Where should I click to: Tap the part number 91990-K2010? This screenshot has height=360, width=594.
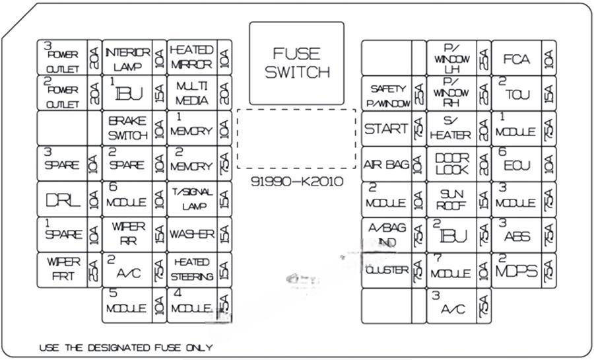296,182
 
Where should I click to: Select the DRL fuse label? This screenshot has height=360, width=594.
63,199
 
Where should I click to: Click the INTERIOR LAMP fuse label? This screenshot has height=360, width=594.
127,59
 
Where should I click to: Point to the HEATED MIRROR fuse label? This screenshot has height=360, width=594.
191,57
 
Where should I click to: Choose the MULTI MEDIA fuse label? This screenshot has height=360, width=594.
191,94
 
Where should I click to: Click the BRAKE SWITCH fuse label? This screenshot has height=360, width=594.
127,129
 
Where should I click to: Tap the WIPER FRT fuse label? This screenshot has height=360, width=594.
63,270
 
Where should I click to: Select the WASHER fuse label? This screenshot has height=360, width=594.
191,234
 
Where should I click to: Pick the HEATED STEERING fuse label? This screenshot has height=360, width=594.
191,270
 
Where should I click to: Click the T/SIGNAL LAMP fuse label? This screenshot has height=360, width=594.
191,199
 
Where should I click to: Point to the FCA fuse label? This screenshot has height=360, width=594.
516,59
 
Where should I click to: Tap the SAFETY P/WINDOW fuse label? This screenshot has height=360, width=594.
387,94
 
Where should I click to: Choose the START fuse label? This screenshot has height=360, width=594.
386,129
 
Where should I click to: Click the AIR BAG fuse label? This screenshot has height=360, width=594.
386,164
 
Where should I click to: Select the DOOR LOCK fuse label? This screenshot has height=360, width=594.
452,164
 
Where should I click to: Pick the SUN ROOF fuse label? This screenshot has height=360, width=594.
452,199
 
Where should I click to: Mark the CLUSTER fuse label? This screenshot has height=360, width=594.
386,270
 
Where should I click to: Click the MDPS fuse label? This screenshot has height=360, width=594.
516,270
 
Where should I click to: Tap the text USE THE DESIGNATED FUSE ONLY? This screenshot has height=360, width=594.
125,347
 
